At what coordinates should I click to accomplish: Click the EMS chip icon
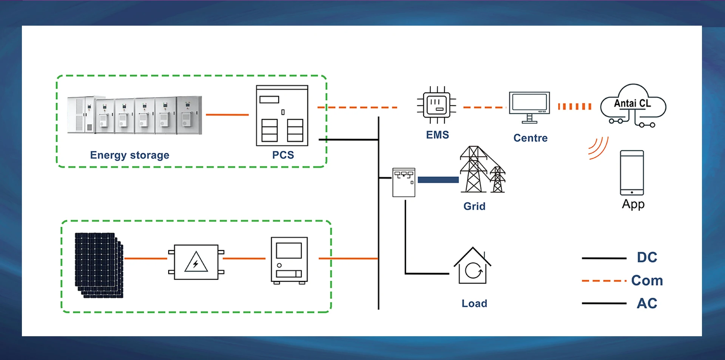[x=437, y=105]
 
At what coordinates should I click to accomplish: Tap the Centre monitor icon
[x=529, y=107]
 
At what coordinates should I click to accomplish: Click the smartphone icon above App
[x=632, y=172]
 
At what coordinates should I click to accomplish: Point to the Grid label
[x=474, y=206]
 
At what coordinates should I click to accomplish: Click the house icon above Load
[x=472, y=266]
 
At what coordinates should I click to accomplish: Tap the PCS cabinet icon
[x=282, y=115]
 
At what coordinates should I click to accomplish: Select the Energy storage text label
[x=130, y=155]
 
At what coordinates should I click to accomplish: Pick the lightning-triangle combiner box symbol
[x=196, y=262]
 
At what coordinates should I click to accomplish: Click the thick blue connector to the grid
[x=438, y=180]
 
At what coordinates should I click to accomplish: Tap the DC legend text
[x=647, y=257]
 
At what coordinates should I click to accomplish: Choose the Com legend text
[x=647, y=281]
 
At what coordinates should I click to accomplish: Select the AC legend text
[x=647, y=303]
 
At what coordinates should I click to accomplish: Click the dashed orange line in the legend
[x=604, y=281]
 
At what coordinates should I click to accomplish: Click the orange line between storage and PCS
[x=227, y=114]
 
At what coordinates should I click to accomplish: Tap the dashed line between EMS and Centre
[x=484, y=108]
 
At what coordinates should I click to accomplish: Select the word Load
[x=474, y=303]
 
